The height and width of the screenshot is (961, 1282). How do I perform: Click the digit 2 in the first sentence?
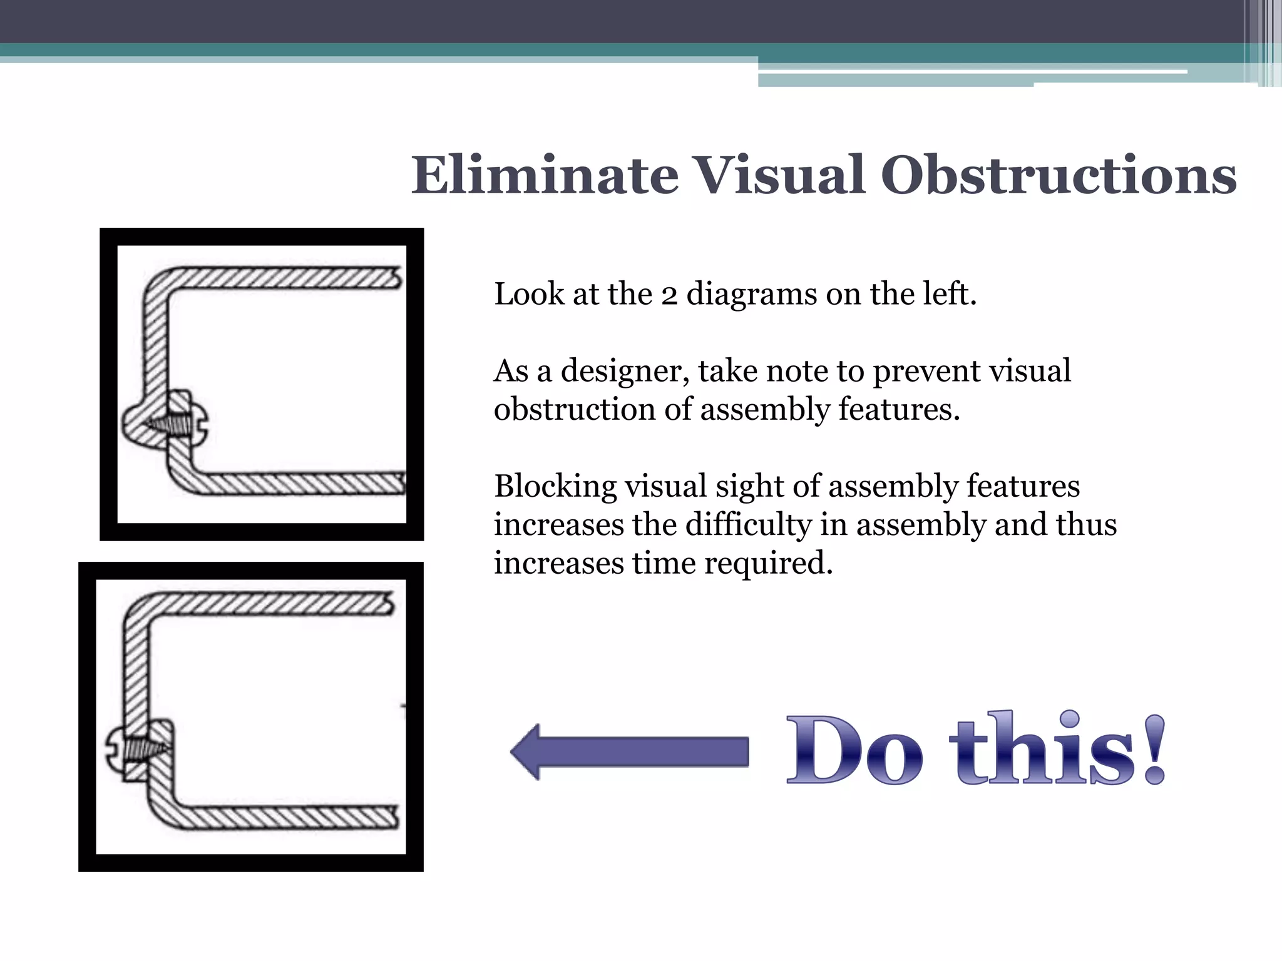(x=669, y=295)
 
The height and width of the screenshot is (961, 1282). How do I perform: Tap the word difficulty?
(x=748, y=525)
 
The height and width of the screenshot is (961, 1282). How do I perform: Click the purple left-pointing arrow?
(x=629, y=752)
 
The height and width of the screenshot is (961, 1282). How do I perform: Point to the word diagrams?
(x=751, y=295)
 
